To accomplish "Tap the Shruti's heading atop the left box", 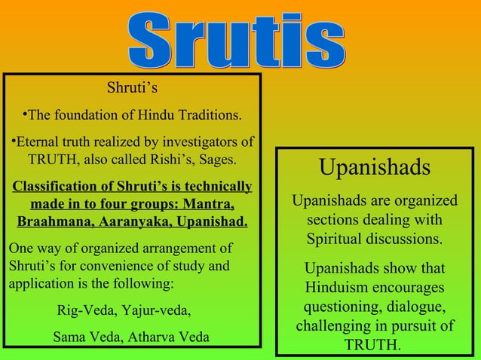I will (x=132, y=89).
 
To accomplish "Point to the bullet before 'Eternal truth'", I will (x=13, y=141).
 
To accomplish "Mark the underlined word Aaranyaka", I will (x=132, y=224).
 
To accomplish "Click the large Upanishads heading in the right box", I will (x=375, y=167).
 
